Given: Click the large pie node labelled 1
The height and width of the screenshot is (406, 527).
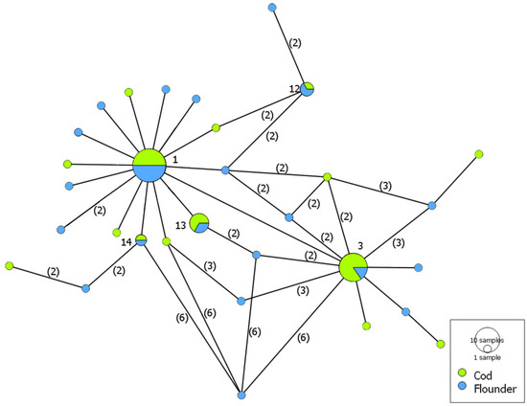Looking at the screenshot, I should [x=149, y=165].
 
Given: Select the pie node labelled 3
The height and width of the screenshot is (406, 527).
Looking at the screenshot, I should [x=354, y=268].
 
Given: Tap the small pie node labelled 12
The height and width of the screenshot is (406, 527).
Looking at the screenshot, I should [x=308, y=88].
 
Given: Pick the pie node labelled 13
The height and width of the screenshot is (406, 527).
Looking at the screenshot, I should [x=199, y=223].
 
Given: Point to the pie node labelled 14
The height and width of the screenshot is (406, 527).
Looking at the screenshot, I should [x=140, y=239].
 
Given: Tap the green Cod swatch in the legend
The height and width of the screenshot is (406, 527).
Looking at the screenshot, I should [x=462, y=373].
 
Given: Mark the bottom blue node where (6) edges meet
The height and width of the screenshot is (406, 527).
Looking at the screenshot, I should [x=241, y=395].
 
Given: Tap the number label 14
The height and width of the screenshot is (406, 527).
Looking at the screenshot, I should [x=126, y=243].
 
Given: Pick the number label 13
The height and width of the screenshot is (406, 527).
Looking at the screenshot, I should [x=180, y=226].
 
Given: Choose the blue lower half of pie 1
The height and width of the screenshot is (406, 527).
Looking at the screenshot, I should [x=149, y=173].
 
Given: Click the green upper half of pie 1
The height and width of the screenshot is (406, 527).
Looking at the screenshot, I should [x=149, y=156].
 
